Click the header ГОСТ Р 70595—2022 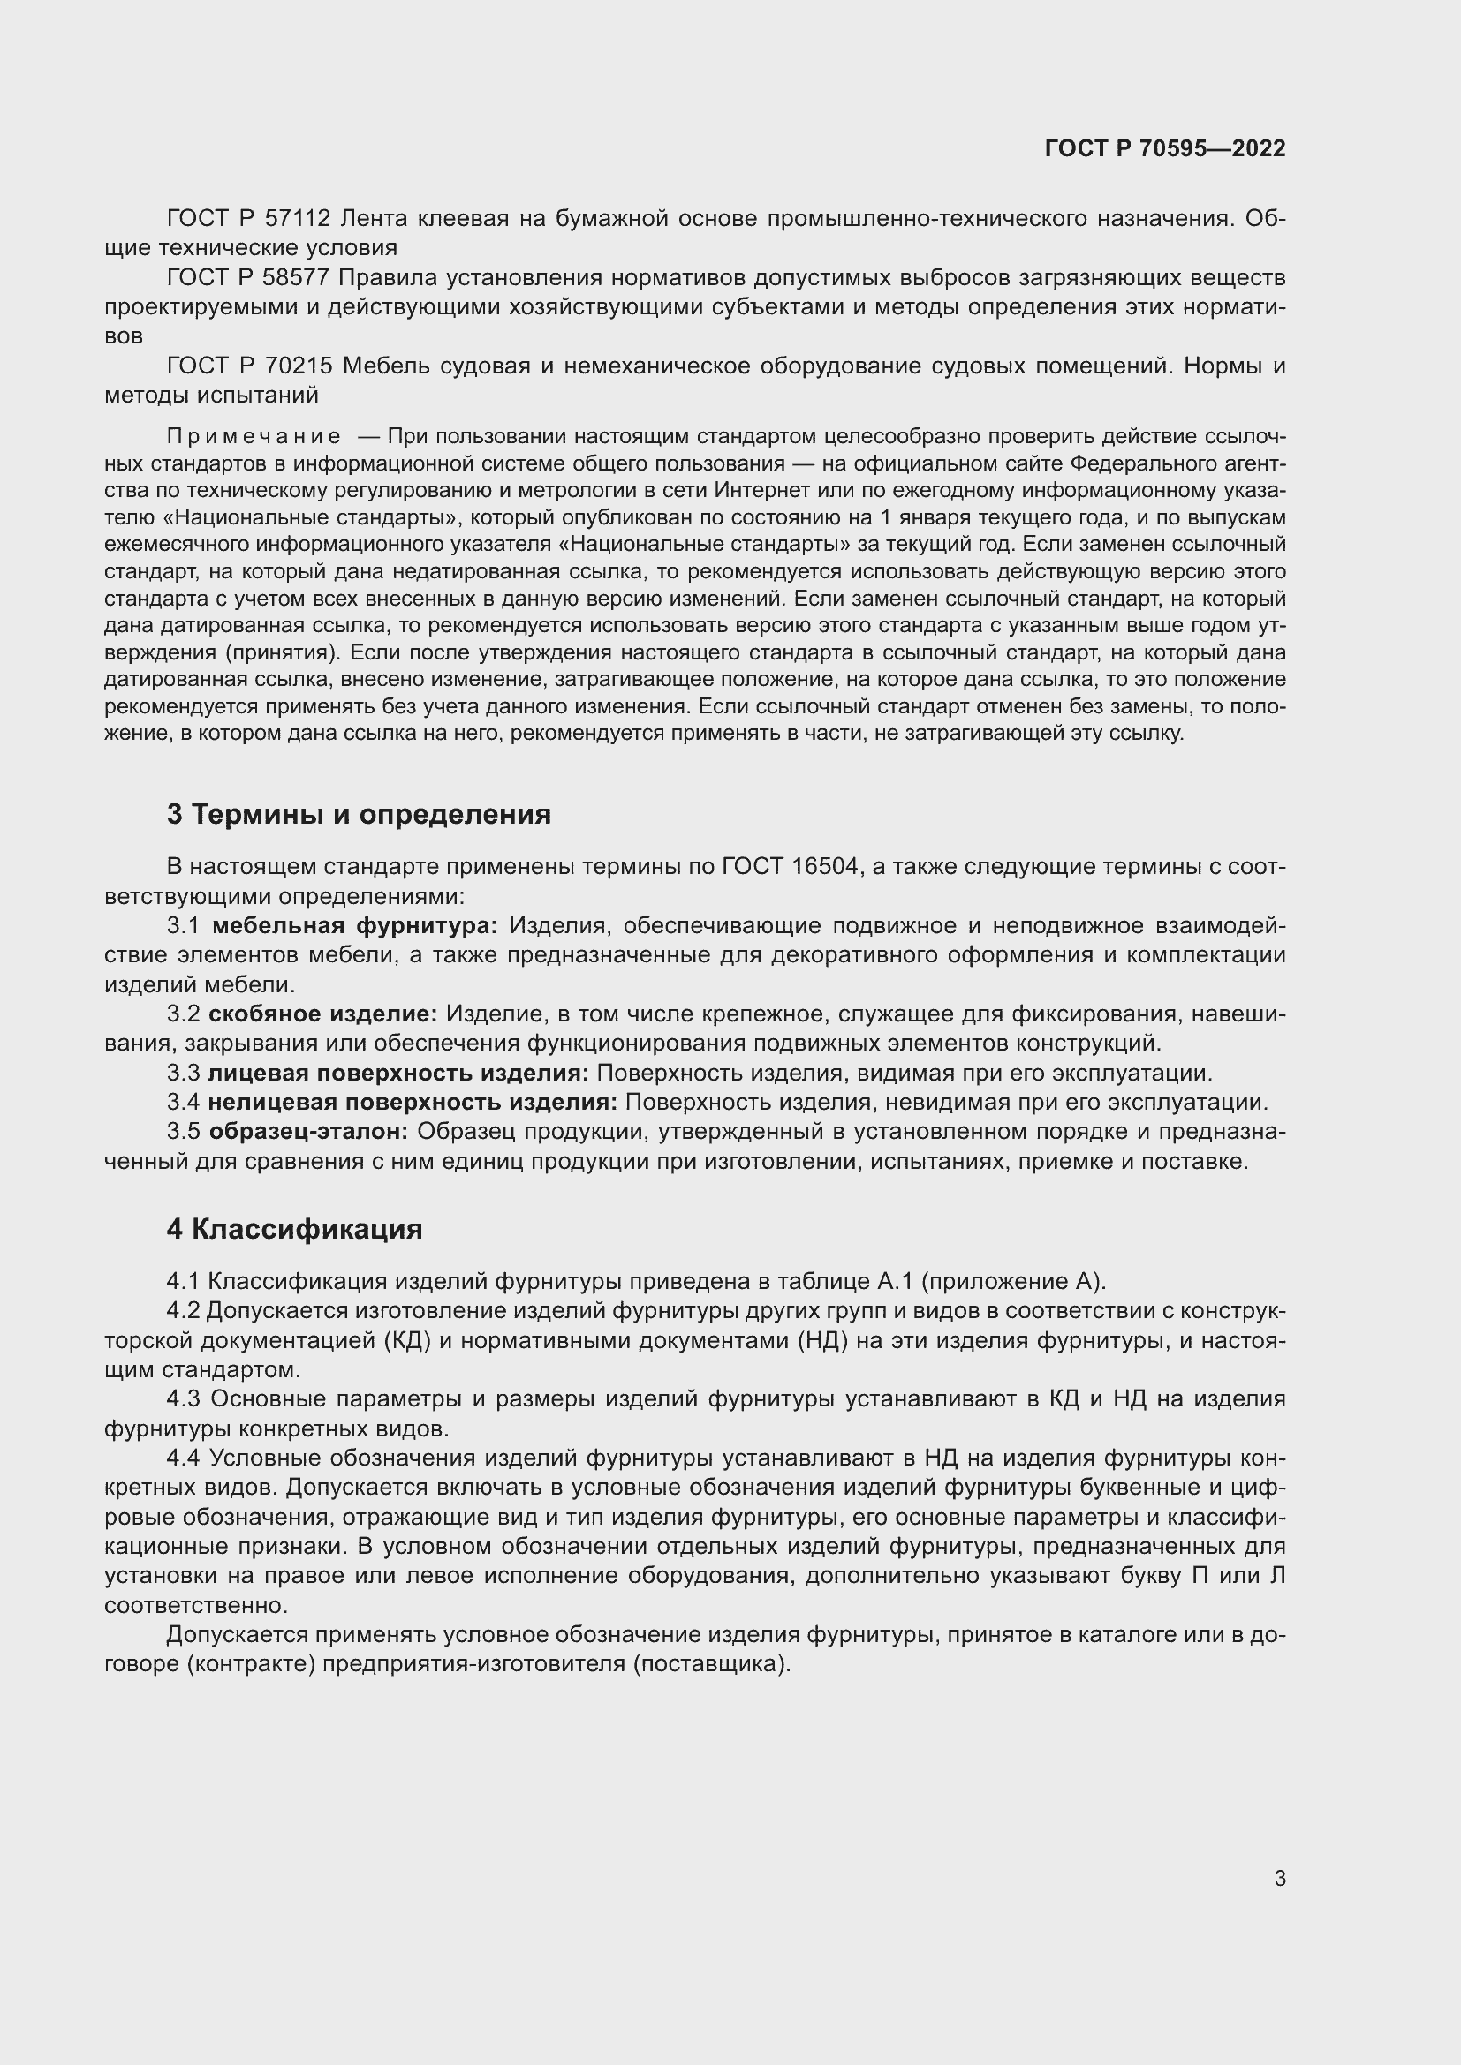[1165, 149]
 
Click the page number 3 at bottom [1279, 1878]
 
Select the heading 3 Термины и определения [358, 814]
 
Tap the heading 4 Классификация [294, 1229]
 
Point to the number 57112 [299, 219]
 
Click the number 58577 [299, 277]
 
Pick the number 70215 [299, 366]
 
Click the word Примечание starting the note [254, 437]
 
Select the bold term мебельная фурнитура [354, 925]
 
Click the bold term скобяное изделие [323, 1014]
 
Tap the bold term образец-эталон [308, 1132]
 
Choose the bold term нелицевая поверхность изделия [412, 1102]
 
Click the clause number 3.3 [184, 1073]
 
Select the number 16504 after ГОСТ [825, 867]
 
